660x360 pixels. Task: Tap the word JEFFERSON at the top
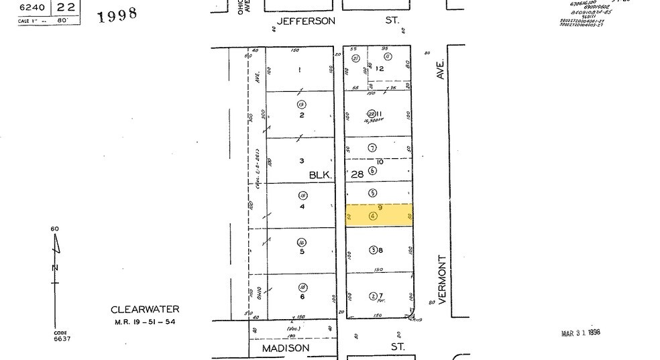[x=306, y=21]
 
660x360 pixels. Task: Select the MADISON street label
[x=286, y=348]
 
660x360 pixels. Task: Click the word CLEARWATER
[x=146, y=309]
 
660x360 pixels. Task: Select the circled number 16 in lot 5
[x=302, y=242]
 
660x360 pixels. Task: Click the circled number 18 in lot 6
[x=302, y=287]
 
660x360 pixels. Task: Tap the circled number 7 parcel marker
[x=373, y=147]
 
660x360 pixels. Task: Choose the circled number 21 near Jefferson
[x=356, y=58]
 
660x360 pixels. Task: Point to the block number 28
[x=357, y=174]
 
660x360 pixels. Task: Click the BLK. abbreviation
[x=319, y=174]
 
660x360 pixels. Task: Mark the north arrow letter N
[x=56, y=268]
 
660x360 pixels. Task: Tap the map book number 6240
[x=30, y=7]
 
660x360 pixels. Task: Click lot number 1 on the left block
[x=300, y=70]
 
